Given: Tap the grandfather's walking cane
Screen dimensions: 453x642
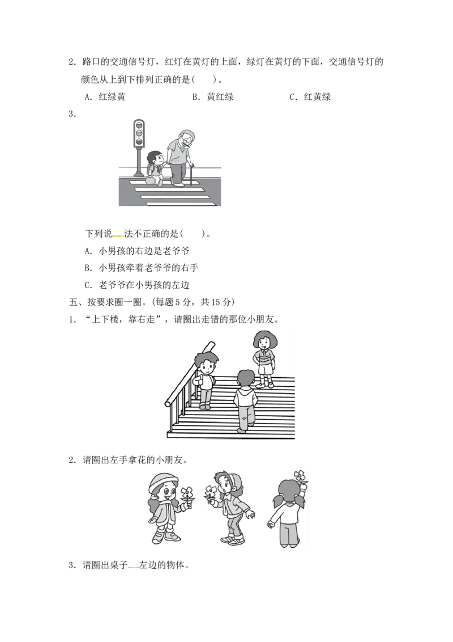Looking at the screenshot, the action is click(191, 175).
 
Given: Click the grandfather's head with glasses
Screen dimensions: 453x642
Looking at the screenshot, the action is click(186, 139).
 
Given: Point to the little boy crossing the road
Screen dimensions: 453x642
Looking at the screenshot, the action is click(155, 168).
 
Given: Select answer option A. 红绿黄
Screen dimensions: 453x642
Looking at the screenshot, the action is click(105, 97).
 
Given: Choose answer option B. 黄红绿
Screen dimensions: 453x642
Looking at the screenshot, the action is click(213, 97).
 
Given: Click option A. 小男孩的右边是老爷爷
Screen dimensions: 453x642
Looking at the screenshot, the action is click(138, 251).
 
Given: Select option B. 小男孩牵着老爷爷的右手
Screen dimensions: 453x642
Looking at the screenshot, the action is click(142, 268).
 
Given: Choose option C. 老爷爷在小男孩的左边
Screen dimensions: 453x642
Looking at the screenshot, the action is click(138, 285).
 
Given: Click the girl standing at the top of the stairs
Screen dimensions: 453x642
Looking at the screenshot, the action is click(264, 359).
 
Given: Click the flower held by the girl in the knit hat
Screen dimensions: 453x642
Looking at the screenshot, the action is click(186, 494).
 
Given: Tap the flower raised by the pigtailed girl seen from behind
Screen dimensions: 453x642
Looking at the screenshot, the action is click(300, 476).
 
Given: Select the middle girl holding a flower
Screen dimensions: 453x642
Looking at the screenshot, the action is click(229, 507).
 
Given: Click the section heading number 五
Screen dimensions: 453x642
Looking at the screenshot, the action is click(74, 302).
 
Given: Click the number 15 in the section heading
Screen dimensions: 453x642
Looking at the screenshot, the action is click(216, 302).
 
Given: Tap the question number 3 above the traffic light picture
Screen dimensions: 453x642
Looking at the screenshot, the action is click(72, 114).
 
